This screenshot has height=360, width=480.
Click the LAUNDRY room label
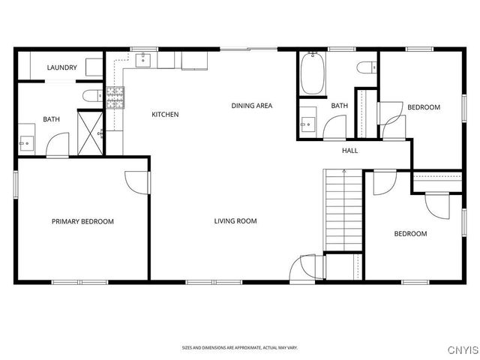[x=61, y=68]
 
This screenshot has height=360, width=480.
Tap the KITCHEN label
[x=165, y=115]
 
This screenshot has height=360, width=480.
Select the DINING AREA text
[x=251, y=106]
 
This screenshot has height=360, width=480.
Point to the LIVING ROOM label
[x=235, y=221]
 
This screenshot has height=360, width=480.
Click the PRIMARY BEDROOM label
[x=82, y=221]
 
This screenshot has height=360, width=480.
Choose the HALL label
[x=350, y=151]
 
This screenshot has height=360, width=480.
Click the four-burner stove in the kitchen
[x=115, y=96]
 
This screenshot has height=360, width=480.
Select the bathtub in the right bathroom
[x=311, y=76]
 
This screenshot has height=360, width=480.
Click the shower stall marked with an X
[x=90, y=131]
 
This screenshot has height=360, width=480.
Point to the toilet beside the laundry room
[x=92, y=94]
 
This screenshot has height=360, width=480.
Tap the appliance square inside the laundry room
[x=94, y=67]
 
